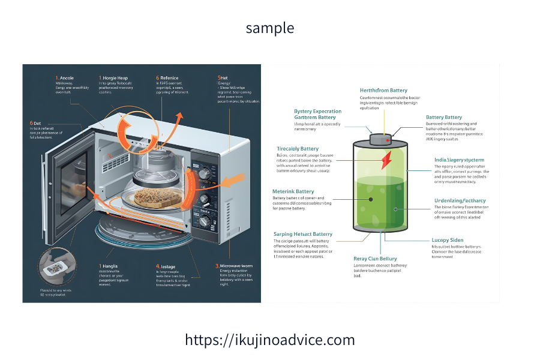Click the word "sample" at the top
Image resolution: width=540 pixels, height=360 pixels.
[270, 28]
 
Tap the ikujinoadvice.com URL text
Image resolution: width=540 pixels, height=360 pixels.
[270, 340]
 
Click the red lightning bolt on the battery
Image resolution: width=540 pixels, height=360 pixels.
[384, 159]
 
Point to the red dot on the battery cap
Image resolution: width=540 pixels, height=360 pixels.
[388, 141]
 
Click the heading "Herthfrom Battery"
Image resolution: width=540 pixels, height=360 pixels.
[383, 90]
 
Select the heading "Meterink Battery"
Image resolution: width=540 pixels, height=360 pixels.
[293, 191]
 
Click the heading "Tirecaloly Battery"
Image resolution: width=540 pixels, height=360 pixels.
[298, 148]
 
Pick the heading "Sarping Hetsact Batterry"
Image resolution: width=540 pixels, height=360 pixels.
[302, 234]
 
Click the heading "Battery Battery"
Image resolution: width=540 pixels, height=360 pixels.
[443, 117]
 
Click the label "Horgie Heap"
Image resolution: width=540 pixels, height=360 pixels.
[115, 78]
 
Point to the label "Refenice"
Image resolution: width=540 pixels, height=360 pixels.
[169, 78]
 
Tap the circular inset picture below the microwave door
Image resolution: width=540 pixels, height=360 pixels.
[55, 266]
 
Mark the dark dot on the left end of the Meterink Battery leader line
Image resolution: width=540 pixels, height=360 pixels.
[371, 199]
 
